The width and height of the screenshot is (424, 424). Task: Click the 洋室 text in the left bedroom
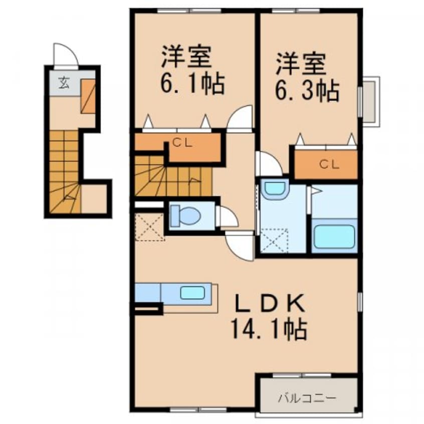[x=185, y=57]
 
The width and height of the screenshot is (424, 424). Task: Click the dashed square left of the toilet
[x=149, y=227]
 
